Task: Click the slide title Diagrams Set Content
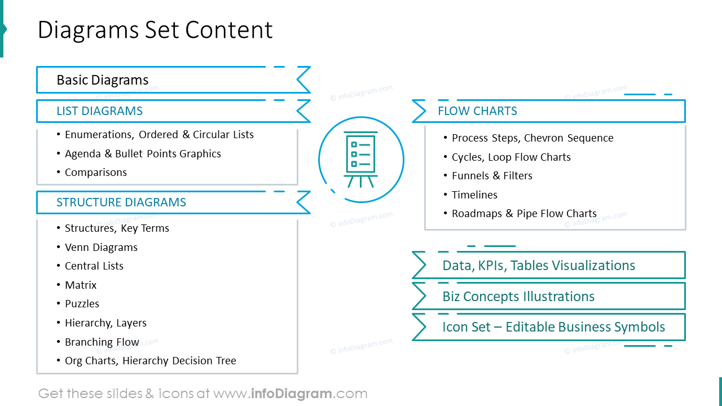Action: tap(155, 30)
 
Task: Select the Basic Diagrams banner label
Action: tap(103, 80)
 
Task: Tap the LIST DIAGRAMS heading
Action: tap(99, 111)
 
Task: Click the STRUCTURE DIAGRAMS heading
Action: tap(121, 202)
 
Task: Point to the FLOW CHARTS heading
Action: tap(477, 111)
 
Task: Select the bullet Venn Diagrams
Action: tap(101, 248)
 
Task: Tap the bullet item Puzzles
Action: tap(82, 304)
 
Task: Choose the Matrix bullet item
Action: tap(81, 285)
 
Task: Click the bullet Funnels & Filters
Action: tap(492, 176)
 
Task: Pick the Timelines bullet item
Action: tap(474, 195)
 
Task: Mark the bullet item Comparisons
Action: tap(95, 173)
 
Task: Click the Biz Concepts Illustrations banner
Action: tap(518, 297)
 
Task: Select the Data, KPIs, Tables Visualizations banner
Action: tap(539, 266)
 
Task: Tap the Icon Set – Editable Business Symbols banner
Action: tap(553, 327)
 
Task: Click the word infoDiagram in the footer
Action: tap(292, 394)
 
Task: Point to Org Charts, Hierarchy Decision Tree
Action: tap(150, 361)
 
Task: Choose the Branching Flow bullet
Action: tap(102, 342)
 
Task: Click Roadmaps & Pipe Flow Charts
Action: tap(524, 214)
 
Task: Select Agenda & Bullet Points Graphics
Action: tap(143, 154)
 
